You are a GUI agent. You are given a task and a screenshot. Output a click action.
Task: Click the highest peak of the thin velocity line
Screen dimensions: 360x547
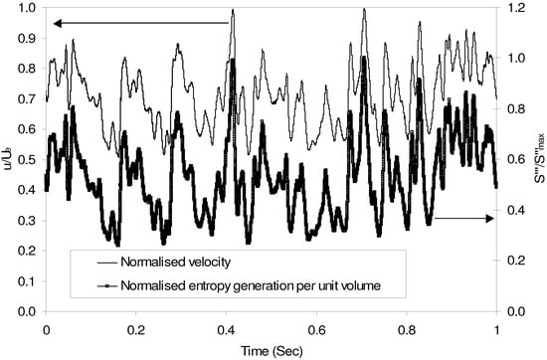click(x=233, y=10)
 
